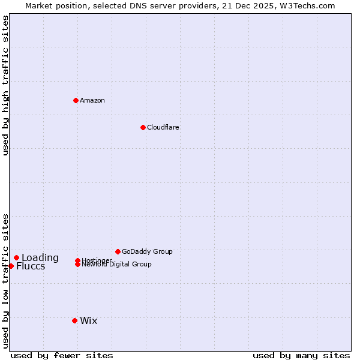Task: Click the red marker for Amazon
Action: [76, 100]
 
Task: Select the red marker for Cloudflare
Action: [143, 127]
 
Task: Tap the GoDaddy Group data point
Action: [118, 251]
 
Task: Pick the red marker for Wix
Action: [74, 320]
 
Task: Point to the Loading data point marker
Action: [16, 257]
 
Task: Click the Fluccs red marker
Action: [11, 266]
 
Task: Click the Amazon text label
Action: [92, 100]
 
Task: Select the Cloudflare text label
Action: [163, 127]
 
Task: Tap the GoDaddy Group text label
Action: [147, 251]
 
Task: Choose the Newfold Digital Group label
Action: [117, 265]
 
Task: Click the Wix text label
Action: [89, 320]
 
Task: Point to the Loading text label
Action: [40, 258]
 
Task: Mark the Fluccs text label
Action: [31, 266]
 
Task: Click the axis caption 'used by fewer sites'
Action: [62, 355]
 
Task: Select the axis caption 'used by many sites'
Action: [301, 355]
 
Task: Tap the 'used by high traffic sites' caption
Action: [5, 85]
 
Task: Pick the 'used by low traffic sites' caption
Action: [5, 281]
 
